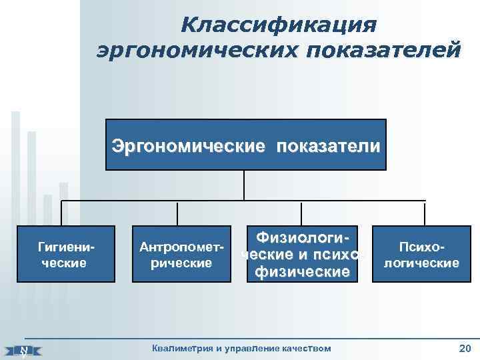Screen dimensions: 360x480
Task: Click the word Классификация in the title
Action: coord(279,25)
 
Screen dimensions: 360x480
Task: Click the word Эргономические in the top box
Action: coord(188,145)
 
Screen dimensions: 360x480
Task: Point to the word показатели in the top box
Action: coord(330,145)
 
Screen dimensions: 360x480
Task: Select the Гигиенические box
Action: coord(65,255)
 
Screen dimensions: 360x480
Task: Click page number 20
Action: coord(465,348)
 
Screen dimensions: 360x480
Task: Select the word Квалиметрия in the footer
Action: coord(179,348)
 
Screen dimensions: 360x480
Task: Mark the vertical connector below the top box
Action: coord(244,185)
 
